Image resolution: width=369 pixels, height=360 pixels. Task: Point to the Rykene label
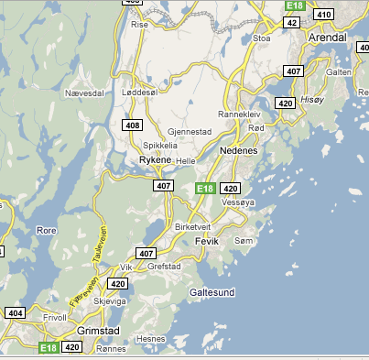tap(155, 159)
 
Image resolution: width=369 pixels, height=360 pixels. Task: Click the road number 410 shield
tap(322, 14)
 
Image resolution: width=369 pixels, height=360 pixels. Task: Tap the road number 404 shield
tap(15, 312)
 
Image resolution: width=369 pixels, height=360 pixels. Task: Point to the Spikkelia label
tap(160, 145)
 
